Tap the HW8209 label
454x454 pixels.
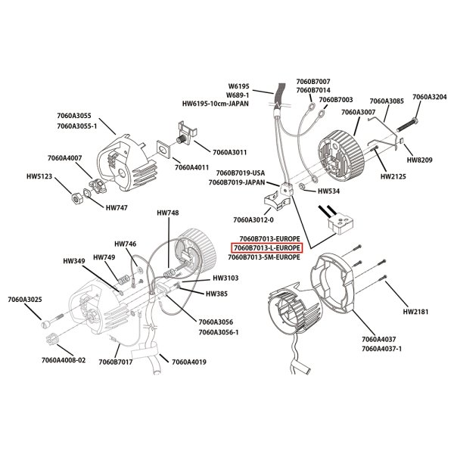click(x=420, y=160)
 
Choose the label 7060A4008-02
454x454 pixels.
click(x=60, y=361)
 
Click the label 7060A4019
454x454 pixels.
click(x=189, y=361)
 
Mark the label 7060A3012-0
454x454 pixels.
click(x=255, y=220)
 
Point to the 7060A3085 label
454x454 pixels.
click(x=386, y=101)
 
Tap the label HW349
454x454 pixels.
click(x=74, y=261)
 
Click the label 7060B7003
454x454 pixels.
click(x=336, y=99)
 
